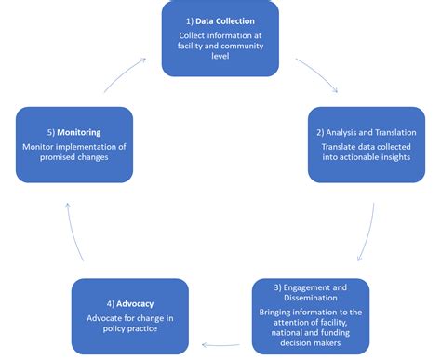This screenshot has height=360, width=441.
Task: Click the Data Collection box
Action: coord(220,38)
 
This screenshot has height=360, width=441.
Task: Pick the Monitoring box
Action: coord(73,145)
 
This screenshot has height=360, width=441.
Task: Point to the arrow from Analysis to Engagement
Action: coord(370,229)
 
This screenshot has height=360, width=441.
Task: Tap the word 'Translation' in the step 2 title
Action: coord(390,132)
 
